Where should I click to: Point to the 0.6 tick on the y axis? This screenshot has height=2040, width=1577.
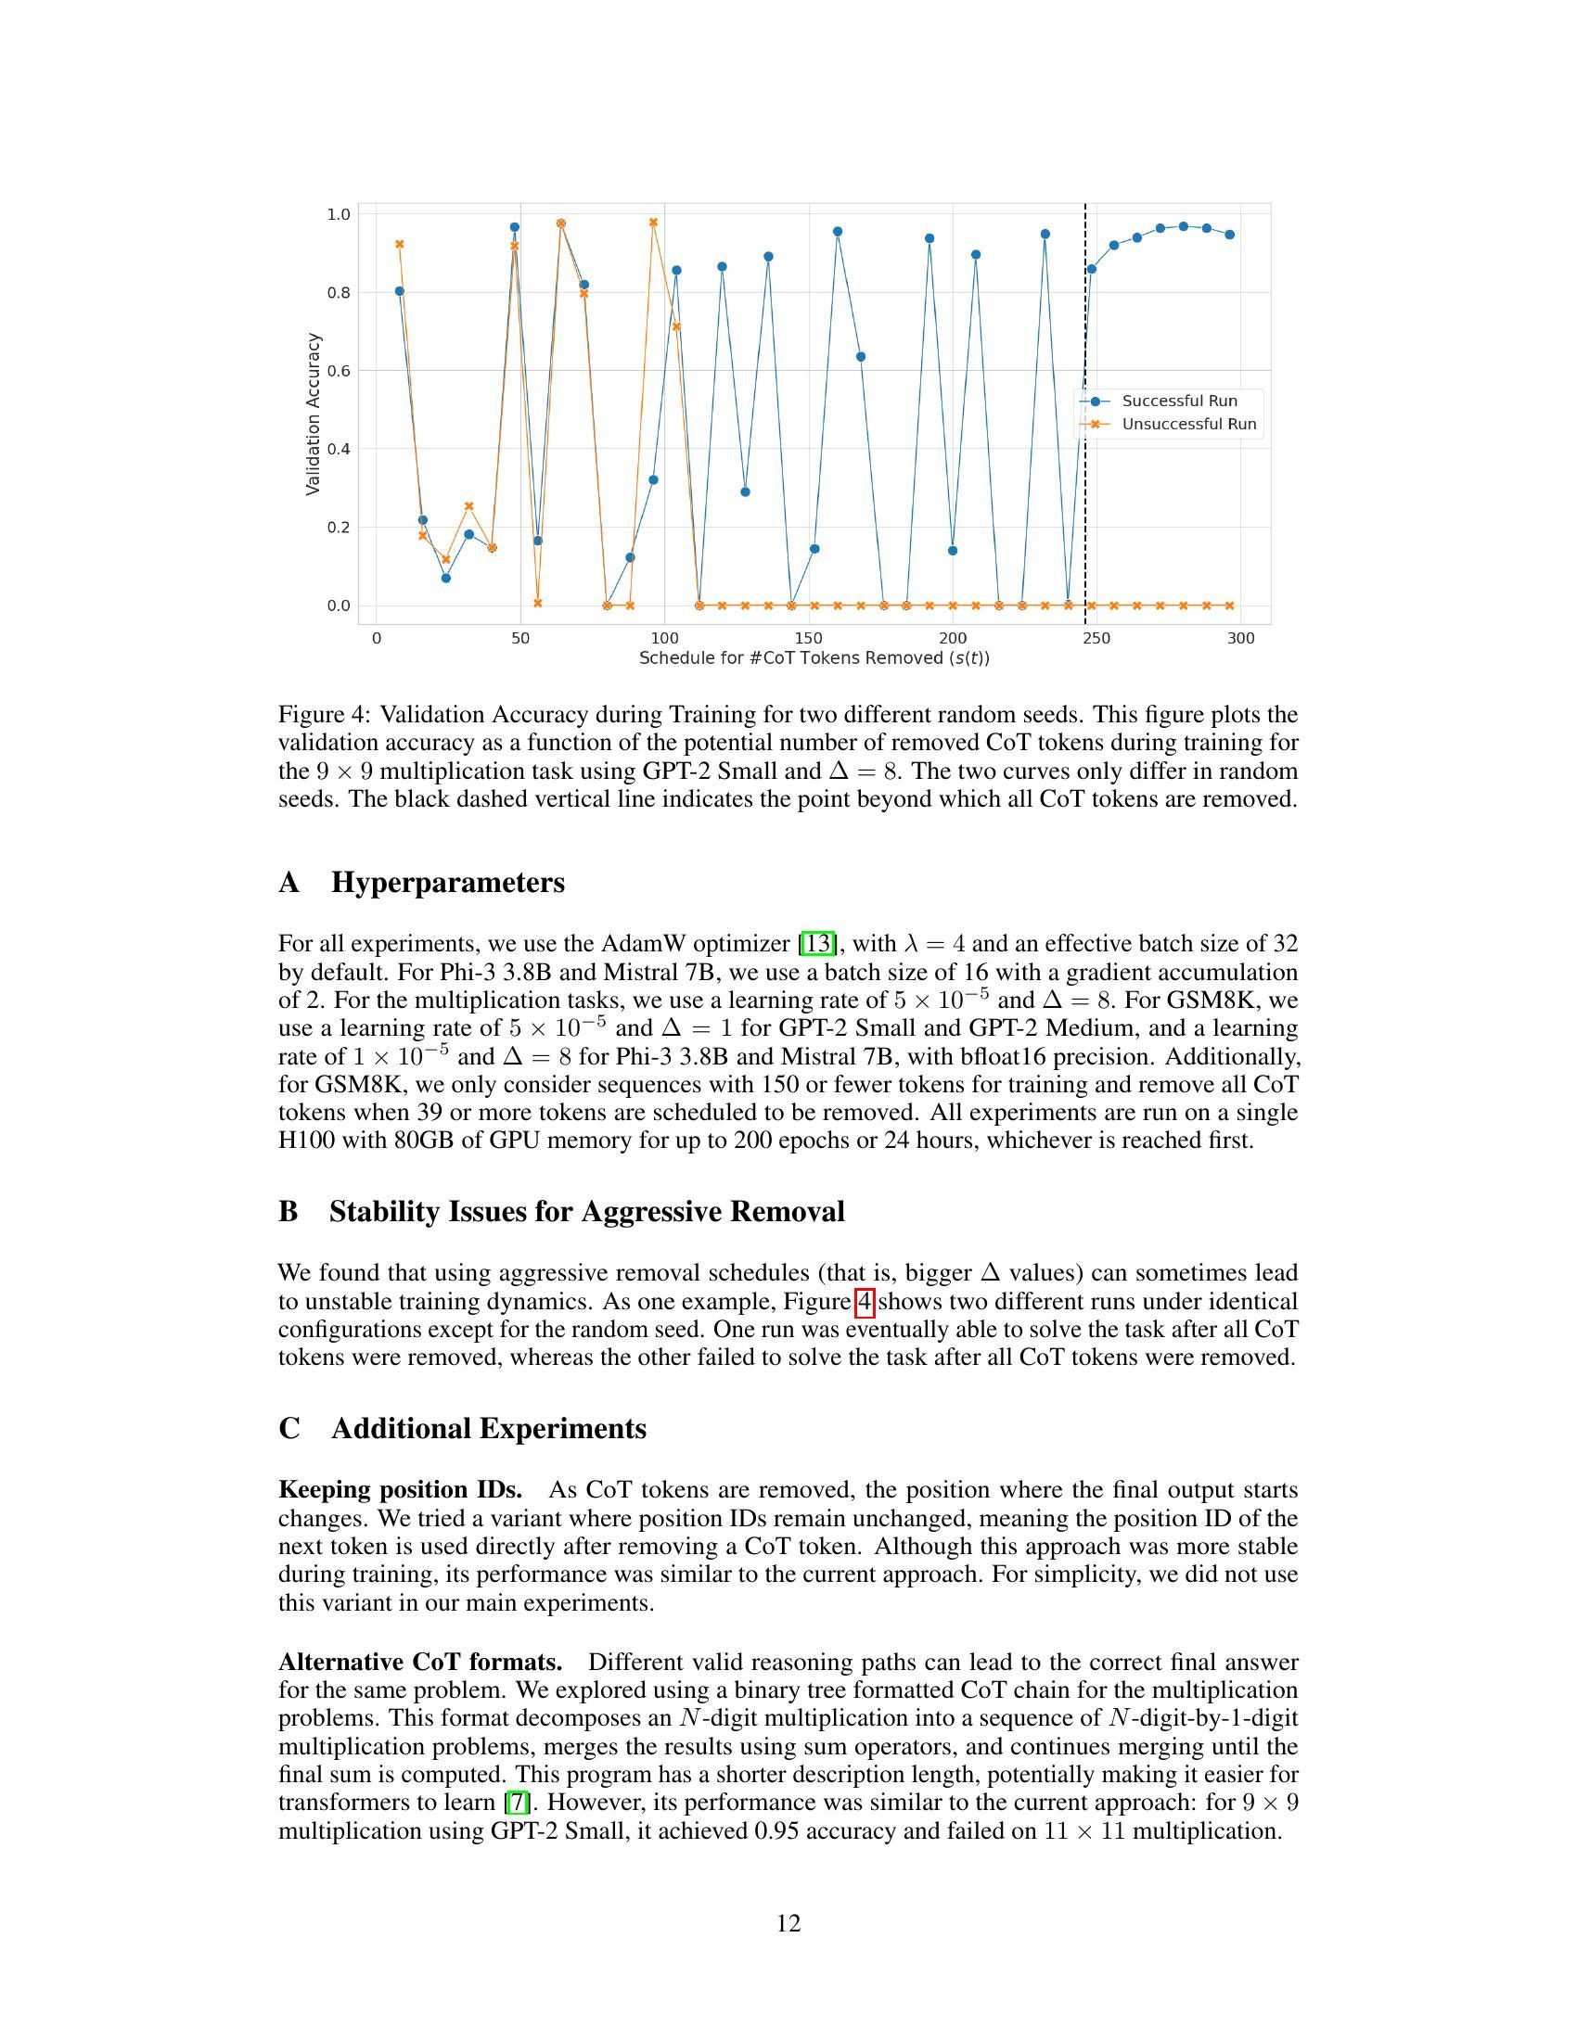click(339, 371)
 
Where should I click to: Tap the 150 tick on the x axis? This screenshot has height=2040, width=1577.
click(808, 639)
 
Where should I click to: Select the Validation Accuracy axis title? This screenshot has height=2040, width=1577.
click(313, 414)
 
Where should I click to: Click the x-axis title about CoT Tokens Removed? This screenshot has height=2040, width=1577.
click(814, 658)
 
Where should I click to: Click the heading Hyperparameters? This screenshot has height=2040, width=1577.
click(447, 883)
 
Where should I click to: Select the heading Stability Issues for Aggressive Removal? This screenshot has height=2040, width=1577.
click(585, 1212)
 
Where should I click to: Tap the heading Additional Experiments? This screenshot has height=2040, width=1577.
click(488, 1429)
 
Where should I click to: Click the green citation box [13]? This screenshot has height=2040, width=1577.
click(817, 943)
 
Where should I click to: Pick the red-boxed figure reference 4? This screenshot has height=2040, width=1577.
click(865, 1301)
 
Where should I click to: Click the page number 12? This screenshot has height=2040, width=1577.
click(788, 1923)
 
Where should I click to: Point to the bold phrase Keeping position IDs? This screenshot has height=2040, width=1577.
click(400, 1490)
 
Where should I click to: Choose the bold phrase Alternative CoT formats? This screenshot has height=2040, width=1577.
click(420, 1663)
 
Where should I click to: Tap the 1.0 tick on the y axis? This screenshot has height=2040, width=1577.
click(339, 215)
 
